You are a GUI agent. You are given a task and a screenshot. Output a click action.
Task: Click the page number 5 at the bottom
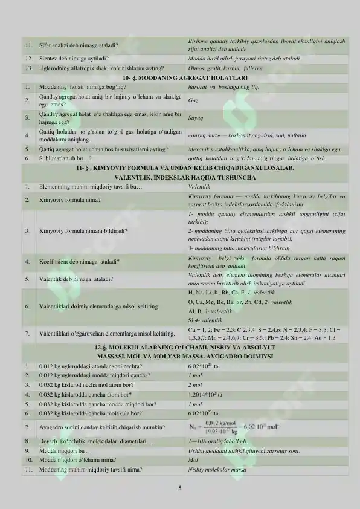[x=179, y=487]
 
